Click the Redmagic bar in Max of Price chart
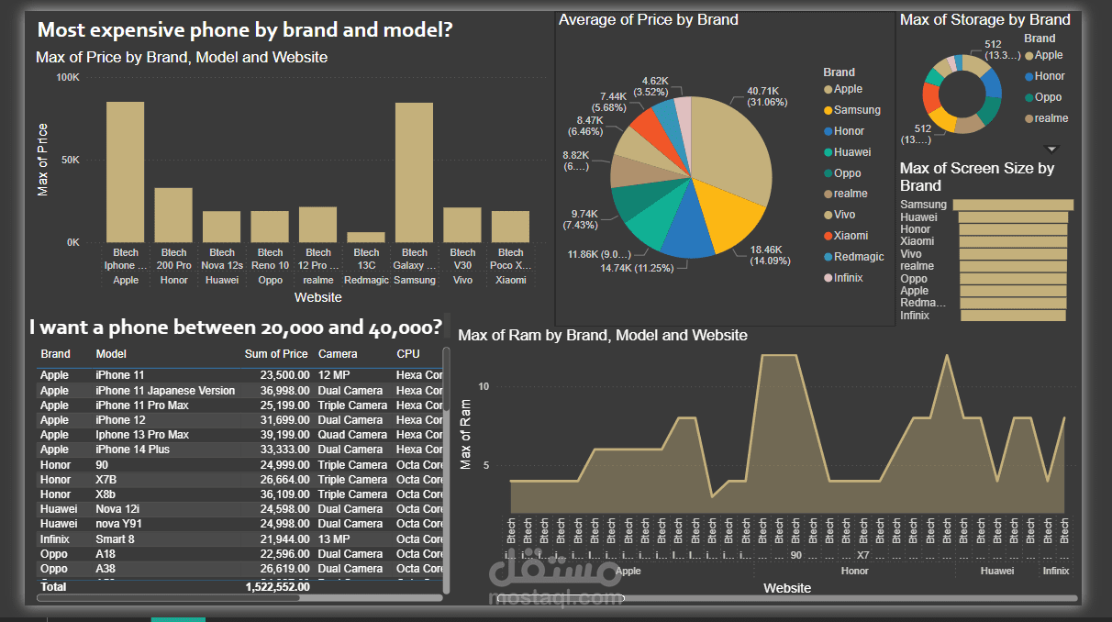coord(366,238)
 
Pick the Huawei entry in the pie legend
coord(852,152)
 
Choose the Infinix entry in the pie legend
coord(849,278)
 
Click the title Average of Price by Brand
coord(648,19)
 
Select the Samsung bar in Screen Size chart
coord(1013,205)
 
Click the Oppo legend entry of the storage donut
coord(1048,97)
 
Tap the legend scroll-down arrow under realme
coord(1052,149)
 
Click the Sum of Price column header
coord(276,354)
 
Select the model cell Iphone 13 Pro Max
coord(142,435)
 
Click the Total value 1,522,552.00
coord(277,586)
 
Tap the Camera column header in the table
coord(338,354)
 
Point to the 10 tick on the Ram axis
coord(484,387)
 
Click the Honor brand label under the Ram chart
coord(854,571)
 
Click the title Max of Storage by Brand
coord(984,19)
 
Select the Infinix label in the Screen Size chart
coord(915,316)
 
